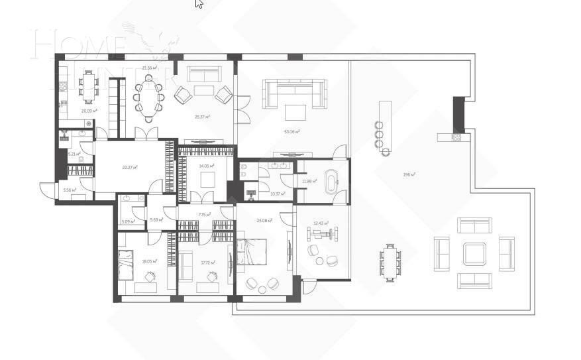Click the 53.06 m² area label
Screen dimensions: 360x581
(291, 132)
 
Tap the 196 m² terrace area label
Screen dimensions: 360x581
(409, 175)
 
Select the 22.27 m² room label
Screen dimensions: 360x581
(130, 168)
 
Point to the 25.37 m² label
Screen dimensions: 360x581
(202, 117)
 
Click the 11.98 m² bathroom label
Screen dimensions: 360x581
(307, 181)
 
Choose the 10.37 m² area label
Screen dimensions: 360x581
(278, 194)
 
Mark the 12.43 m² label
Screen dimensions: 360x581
(321, 223)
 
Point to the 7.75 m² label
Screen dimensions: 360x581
(204, 214)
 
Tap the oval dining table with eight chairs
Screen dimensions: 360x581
(149, 98)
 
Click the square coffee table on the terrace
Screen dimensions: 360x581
(474, 253)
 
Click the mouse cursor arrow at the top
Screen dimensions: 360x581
(199, 4)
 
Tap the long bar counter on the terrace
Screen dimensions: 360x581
(385, 126)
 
